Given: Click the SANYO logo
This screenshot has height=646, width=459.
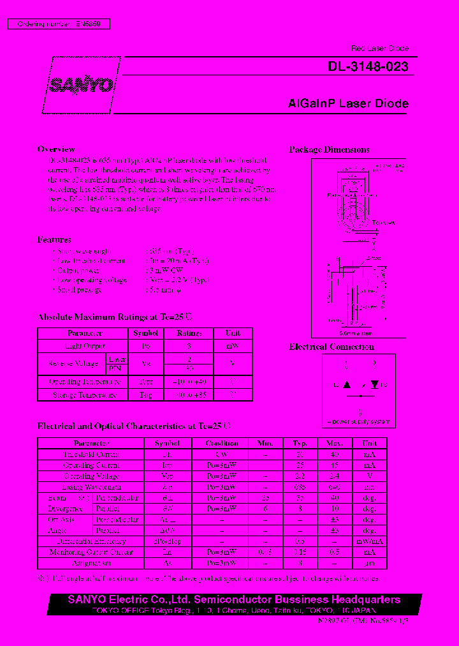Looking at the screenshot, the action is (82, 85).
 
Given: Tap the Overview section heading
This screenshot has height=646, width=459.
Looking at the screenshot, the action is (56, 149).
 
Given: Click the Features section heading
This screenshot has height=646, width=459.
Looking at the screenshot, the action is (54, 240).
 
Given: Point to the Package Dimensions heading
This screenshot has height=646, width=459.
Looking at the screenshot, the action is (329, 150).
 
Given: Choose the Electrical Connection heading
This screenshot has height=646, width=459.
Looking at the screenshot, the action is (331, 347).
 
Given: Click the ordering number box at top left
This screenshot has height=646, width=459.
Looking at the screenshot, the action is (59, 24).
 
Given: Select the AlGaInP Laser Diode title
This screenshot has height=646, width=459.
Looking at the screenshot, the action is (348, 103).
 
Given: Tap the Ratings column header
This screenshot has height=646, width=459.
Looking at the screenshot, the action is (189, 333).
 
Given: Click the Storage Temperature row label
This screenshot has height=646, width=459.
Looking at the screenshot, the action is (85, 395).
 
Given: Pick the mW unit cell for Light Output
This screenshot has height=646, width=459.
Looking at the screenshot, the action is (233, 345).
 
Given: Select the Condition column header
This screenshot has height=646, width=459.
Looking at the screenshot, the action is (222, 443).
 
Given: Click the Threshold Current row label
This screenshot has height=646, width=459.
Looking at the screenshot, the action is (91, 454).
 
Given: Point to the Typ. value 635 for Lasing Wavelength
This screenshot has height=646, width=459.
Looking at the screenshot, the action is (300, 487).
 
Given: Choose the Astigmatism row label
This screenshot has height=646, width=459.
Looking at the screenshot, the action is (91, 564).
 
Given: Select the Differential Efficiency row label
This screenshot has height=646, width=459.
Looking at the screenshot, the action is (91, 541).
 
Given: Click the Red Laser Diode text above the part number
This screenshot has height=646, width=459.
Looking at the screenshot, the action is (380, 49).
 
